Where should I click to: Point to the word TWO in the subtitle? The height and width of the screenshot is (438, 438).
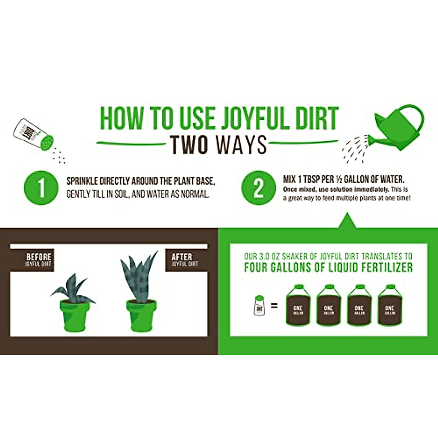point(190,145)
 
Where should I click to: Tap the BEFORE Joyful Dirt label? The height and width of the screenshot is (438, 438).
point(38,260)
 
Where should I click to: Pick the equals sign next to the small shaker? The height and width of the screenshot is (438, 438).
point(274,306)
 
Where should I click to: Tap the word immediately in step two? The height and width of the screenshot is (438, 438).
point(371,189)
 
